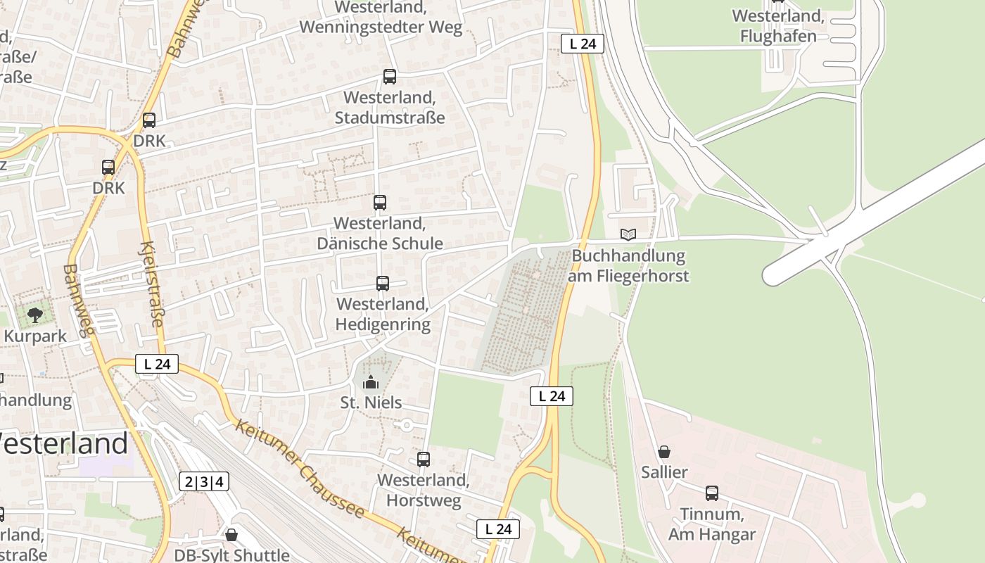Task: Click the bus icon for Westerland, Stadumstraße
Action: point(389,77)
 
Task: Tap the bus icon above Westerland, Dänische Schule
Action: point(380,203)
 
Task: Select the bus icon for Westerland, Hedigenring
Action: point(383,284)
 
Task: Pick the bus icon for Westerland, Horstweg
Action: point(424,460)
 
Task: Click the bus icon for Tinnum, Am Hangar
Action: point(712,493)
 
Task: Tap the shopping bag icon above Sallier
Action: point(664,452)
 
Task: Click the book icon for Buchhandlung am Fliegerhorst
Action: point(628,234)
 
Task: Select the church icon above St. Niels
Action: point(370,383)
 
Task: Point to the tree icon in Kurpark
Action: point(34,315)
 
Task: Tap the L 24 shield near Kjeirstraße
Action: point(157,364)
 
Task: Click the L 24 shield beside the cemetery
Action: point(552,396)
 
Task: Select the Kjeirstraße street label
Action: point(153,284)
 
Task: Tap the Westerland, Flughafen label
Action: point(778,26)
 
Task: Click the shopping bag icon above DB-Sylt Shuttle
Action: point(231,535)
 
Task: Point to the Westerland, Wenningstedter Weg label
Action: point(381,18)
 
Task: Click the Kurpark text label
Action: point(35,336)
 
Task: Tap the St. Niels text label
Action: point(371,403)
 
